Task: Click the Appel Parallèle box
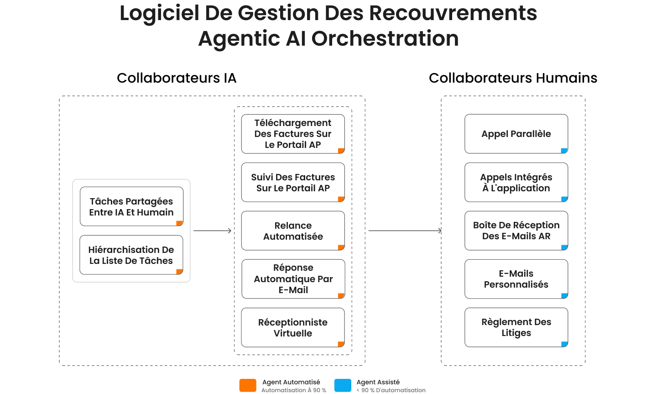point(516,134)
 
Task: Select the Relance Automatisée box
point(293,231)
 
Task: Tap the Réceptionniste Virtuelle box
point(293,327)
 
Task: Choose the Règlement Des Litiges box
point(516,327)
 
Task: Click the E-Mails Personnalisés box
point(516,279)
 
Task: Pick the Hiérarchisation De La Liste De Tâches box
point(131,255)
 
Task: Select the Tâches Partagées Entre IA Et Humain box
point(131,206)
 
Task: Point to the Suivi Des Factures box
point(293,182)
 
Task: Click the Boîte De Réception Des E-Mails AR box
point(516,231)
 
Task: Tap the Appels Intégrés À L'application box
point(516,182)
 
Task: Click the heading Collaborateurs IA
point(177,78)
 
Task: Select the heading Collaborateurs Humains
point(513,78)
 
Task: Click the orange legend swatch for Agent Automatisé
point(248,385)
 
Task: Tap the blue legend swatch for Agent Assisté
point(343,385)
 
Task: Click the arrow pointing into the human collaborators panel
point(405,231)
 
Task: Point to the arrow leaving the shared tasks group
point(212,231)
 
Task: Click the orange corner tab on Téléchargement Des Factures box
point(341,151)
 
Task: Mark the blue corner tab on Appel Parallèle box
point(564,151)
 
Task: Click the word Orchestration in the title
point(385,38)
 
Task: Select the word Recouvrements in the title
point(453,13)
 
